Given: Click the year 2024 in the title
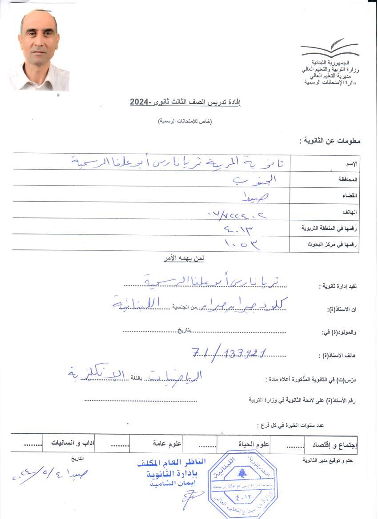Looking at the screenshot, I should pos(141,102).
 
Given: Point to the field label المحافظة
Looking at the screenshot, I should pos(349,180).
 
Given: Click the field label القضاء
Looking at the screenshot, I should pos(351,196).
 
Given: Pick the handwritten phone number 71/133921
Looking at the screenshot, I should pos(229,353).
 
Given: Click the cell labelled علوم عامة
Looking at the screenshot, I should pos(165,443).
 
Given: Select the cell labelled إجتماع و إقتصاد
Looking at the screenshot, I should pos(338,444).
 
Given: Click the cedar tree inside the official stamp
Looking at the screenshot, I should pos(242,472).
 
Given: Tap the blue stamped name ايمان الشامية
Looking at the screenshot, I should pos(172,483).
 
